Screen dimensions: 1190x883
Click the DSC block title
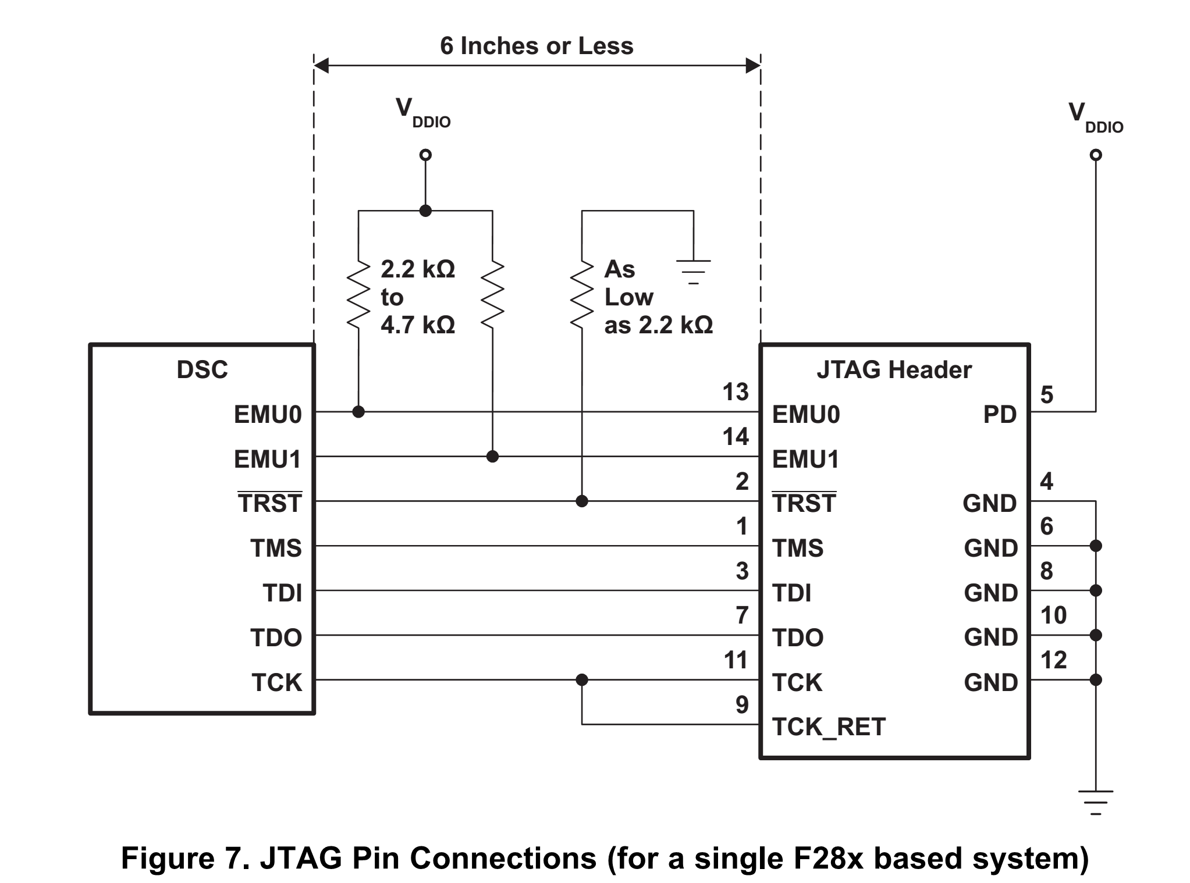tap(202, 370)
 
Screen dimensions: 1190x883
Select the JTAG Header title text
tap(894, 370)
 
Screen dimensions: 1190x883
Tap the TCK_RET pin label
tap(829, 727)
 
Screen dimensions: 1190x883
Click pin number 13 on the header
tap(736, 392)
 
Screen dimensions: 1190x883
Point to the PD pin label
tap(1000, 415)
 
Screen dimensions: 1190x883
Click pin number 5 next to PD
tap(1047, 395)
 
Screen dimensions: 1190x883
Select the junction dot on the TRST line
tap(582, 501)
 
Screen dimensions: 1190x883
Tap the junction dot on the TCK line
tap(582, 679)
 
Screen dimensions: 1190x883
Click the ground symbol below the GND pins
tap(1096, 803)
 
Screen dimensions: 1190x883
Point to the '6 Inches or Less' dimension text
tap(537, 46)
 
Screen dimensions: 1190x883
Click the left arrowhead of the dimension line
tap(321, 65)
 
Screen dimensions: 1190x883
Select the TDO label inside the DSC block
tap(276, 638)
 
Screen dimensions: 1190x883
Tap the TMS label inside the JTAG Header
tap(798, 549)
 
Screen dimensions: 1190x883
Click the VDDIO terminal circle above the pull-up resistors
tap(426, 155)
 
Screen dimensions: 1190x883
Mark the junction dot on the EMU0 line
tap(358, 412)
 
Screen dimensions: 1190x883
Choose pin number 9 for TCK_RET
tap(742, 705)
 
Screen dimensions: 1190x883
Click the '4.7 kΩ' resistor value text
tap(418, 325)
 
